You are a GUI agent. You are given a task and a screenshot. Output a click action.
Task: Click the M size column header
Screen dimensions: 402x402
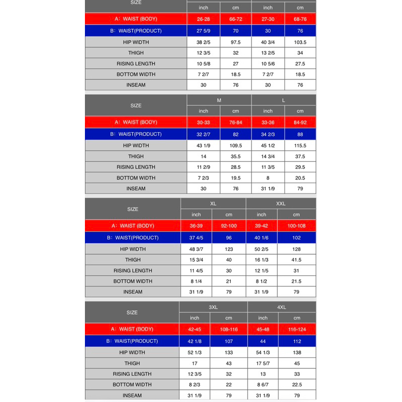(219, 100)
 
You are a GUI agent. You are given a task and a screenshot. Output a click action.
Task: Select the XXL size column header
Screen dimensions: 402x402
(281, 204)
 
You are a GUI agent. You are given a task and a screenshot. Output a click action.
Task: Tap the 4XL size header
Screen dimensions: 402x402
(281, 307)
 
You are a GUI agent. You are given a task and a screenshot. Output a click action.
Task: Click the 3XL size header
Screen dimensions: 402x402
(213, 307)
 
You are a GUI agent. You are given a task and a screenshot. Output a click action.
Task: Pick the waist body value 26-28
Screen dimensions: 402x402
(204, 19)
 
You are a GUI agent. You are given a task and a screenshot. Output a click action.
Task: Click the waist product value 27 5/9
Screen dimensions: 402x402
(204, 31)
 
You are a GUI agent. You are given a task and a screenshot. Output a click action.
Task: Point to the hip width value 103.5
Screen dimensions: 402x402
(300, 43)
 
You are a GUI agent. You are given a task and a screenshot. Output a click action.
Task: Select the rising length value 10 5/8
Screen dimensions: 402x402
(204, 64)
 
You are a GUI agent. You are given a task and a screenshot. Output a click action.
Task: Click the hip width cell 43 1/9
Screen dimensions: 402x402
(204, 146)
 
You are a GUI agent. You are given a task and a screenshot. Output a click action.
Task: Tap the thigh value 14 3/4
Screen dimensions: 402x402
(268, 156)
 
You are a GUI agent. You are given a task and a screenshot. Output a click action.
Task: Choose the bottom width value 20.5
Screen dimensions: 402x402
(300, 178)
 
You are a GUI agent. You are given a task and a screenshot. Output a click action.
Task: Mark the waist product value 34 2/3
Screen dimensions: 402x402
(268, 134)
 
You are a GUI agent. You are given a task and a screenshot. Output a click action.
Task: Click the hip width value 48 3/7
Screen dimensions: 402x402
(196, 249)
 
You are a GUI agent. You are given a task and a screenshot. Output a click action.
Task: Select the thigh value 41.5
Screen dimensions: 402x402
(296, 260)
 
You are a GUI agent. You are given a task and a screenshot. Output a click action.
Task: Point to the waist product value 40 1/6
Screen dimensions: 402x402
(262, 238)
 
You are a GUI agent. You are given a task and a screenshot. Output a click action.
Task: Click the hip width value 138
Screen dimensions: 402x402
(297, 353)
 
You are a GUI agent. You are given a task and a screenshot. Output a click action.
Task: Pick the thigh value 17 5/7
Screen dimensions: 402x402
(263, 363)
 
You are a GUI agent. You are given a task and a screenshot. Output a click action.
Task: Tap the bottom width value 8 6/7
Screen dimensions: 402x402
(263, 385)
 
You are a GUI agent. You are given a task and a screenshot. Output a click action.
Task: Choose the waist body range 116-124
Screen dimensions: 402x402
(297, 329)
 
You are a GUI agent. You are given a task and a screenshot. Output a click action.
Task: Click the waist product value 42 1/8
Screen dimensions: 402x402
(194, 341)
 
